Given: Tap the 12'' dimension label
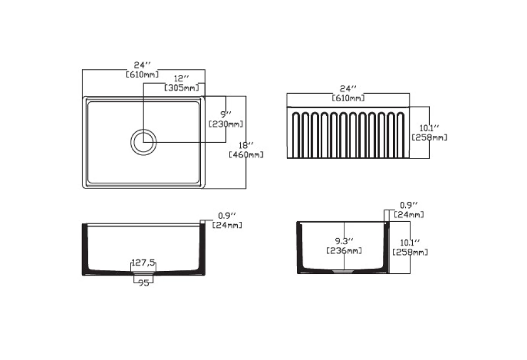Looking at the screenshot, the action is (181, 78).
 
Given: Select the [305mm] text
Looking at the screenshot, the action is (182, 88).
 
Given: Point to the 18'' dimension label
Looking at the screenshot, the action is (246, 146).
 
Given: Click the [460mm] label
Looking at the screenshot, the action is (246, 155).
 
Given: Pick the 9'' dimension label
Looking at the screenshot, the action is (226, 115).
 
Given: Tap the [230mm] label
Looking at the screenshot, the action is (226, 124).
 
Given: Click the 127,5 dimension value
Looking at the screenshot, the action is (143, 262).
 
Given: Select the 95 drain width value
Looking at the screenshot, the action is (143, 283).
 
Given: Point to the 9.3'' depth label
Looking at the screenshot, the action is (344, 241).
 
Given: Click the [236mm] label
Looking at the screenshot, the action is (344, 251).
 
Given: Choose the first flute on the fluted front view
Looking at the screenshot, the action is (296, 135).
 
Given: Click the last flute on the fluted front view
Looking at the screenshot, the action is (401, 135).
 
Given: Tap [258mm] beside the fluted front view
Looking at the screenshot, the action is (429, 137).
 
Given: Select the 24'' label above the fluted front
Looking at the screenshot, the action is (348, 89).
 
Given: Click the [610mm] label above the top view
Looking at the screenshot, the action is (142, 74).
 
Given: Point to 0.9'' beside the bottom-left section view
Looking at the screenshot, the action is (227, 216).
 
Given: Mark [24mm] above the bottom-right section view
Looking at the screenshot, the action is (409, 214).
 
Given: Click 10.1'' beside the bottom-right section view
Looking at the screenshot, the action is (409, 242).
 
